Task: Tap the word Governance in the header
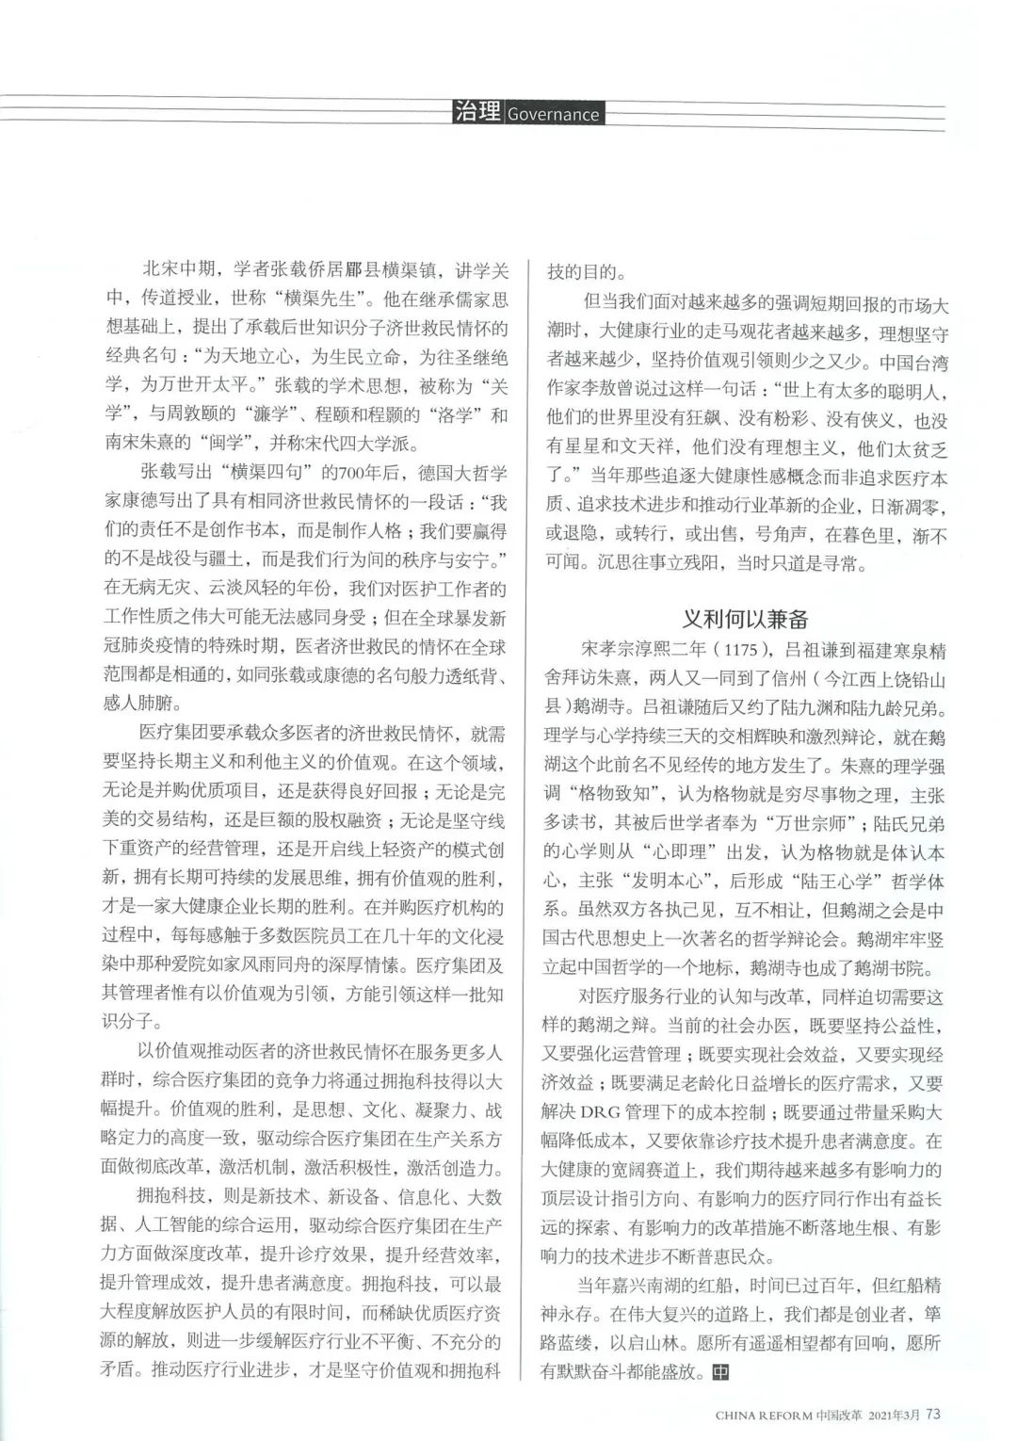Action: [553, 115]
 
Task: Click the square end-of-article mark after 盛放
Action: [719, 1370]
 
